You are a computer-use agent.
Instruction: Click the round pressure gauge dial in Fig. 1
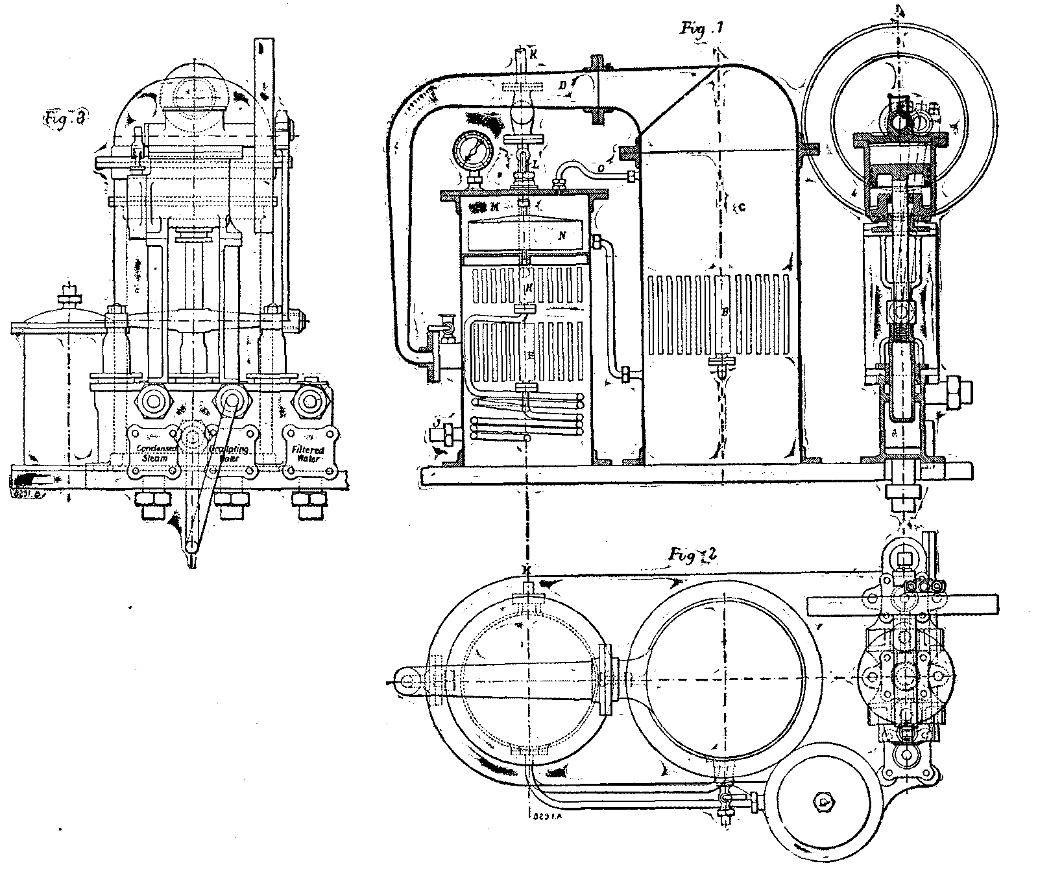pos(472,151)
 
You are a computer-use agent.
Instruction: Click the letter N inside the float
pos(562,237)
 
